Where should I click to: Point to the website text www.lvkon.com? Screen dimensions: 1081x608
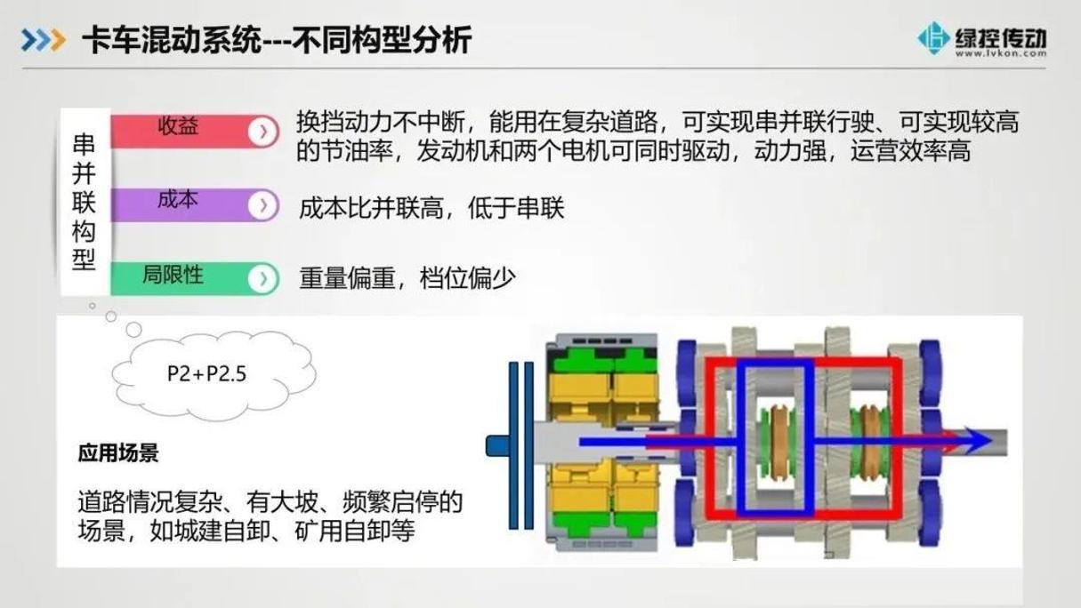1001,53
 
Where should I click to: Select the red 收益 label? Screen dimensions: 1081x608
178,126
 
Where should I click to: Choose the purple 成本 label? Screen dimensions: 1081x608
178,199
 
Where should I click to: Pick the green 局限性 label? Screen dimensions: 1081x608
173,275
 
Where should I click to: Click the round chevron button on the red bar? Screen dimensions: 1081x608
263,132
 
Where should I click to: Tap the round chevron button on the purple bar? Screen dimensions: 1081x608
263,205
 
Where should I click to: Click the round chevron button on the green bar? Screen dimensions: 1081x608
263,278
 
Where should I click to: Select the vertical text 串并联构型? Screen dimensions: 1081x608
84,202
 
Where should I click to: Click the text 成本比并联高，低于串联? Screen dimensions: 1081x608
432,208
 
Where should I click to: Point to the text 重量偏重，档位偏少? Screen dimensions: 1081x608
407,278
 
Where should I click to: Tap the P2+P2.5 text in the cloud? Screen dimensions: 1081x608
206,373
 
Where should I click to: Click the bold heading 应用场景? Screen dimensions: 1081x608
118,453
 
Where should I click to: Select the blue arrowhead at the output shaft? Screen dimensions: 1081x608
978,441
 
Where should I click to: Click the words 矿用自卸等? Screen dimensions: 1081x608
354,531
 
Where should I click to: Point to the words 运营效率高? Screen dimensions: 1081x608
910,151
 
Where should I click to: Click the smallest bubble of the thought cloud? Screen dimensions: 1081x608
93,306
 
